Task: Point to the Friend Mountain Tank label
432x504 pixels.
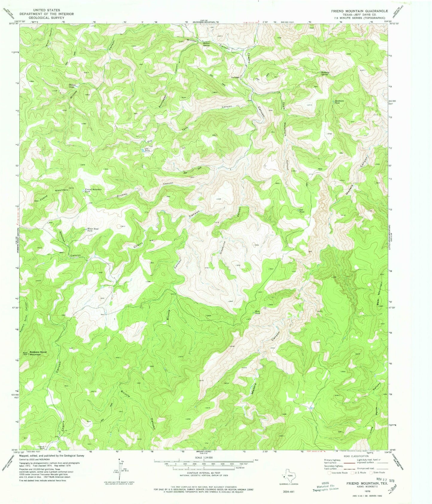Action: point(93,190)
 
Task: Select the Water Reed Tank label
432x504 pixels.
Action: point(92,229)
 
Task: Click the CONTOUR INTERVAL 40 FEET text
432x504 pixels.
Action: point(203,480)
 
